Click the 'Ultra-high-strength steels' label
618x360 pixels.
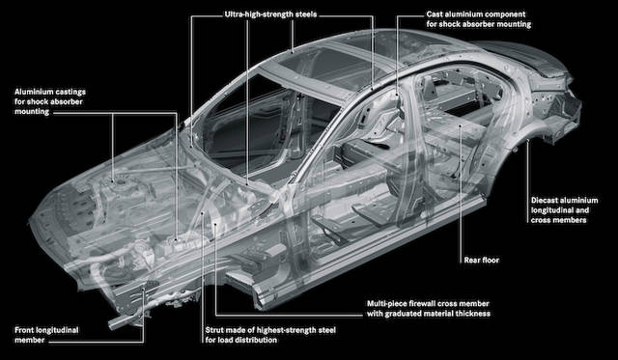point(270,14)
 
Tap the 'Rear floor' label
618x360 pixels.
point(481,260)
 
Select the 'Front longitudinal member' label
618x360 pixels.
point(46,335)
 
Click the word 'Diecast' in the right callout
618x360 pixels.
point(545,200)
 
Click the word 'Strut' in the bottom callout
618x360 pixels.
point(215,330)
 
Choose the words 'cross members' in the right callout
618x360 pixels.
point(558,220)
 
